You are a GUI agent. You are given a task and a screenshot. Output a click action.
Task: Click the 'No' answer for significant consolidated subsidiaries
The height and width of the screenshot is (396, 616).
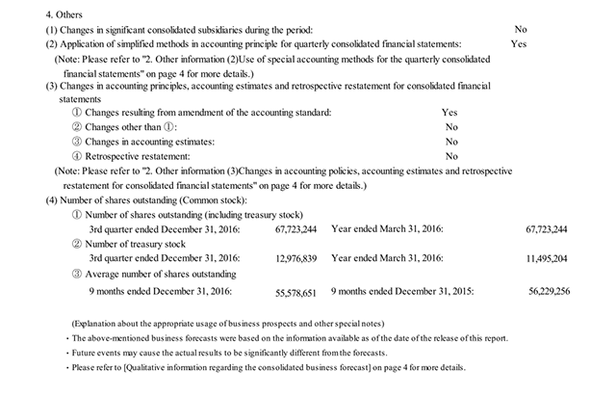521,30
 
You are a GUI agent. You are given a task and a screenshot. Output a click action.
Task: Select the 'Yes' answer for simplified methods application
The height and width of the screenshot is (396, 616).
519,44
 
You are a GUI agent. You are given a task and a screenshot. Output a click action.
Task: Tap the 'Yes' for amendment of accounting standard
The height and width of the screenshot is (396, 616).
449,113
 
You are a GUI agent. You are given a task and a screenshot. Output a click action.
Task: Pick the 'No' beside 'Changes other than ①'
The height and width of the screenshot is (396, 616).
451,127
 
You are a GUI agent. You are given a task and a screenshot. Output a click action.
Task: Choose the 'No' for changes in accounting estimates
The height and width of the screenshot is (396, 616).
451,142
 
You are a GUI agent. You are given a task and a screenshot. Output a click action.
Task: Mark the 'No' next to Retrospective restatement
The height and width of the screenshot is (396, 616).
451,156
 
